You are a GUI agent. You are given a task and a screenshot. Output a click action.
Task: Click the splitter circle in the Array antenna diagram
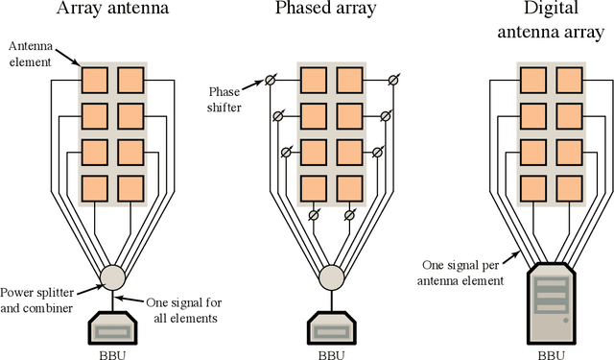[x=114, y=277]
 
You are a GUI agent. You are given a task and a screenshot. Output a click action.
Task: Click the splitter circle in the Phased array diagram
[x=331, y=277]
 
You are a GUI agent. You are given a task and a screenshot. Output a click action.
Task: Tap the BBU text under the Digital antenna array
[x=549, y=352]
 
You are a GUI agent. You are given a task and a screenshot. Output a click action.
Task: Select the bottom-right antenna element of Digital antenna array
[x=567, y=186]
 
